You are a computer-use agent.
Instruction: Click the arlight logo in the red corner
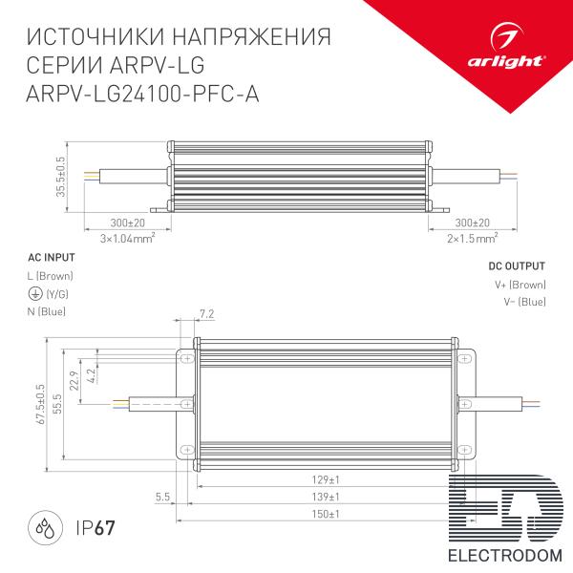[x=506, y=47]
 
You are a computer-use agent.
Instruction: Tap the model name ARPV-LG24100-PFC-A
[x=142, y=94]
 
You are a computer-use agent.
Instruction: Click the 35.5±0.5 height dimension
[x=60, y=177]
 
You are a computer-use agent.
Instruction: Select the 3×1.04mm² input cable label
[x=128, y=239]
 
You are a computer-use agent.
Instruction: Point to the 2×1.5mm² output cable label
[x=472, y=238]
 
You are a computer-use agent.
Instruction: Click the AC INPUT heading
[x=52, y=258]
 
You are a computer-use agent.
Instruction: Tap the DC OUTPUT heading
[x=517, y=266]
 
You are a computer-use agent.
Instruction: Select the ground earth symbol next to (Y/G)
[x=35, y=293]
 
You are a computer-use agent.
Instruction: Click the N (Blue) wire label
[x=47, y=311]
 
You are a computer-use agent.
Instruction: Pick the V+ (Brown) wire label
[x=520, y=285]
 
